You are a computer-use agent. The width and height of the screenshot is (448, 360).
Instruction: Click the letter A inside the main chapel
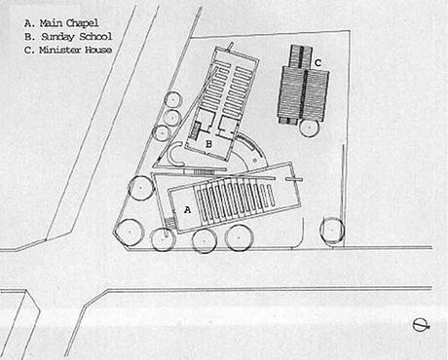187,210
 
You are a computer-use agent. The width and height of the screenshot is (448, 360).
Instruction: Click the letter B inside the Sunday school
209,144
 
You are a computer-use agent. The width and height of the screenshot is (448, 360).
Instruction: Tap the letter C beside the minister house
317,62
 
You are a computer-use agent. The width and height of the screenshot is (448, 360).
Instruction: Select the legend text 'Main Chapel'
69,23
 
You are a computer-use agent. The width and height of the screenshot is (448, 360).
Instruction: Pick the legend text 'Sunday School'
77,36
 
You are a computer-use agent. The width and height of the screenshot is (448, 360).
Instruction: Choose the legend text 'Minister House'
76,50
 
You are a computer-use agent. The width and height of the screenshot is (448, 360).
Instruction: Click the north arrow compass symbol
422,325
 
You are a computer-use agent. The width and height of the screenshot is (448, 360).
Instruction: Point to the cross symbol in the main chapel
294,179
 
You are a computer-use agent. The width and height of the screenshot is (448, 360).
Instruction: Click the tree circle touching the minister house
309,127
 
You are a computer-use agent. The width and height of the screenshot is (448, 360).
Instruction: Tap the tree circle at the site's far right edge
332,230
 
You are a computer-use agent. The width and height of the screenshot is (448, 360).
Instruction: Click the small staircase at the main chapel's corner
170,224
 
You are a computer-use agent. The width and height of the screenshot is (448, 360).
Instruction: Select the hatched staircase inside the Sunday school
195,130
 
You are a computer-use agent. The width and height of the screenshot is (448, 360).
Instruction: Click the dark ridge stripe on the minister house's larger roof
305,95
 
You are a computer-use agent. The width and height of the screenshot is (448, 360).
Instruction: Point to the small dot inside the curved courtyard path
255,160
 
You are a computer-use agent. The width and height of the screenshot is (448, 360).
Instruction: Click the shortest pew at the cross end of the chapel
270,196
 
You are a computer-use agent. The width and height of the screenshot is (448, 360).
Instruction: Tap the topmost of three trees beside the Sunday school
172,99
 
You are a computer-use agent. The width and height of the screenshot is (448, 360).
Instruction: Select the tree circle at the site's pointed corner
130,232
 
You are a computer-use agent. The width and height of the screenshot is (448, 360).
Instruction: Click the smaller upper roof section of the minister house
301,56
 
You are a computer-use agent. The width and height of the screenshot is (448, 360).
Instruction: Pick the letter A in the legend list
28,23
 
